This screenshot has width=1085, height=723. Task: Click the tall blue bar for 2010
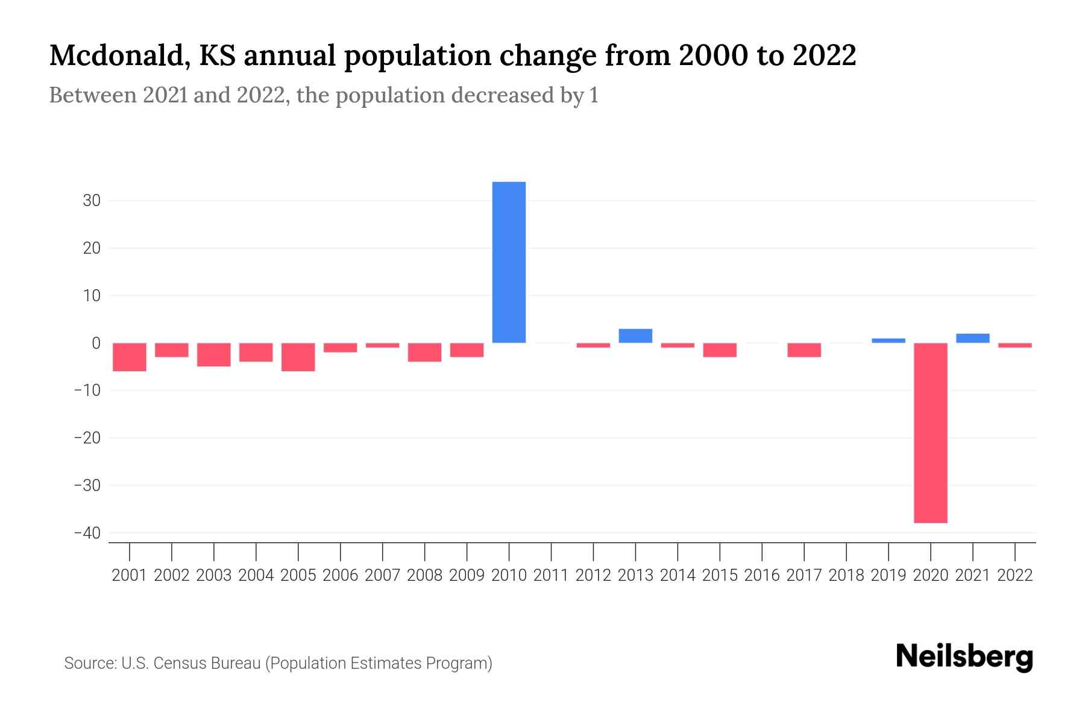coord(509,262)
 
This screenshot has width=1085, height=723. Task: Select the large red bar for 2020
coord(930,433)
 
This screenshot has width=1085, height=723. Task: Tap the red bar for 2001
coord(130,357)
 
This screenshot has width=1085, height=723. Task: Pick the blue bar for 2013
coord(635,336)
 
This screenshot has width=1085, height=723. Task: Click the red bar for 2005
coord(298,357)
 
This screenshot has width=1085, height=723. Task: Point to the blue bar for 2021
coord(972,338)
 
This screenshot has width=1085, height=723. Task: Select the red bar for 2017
coord(804,350)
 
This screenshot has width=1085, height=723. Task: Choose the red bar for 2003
coord(214,354)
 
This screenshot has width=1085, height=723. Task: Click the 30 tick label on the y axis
coord(92,201)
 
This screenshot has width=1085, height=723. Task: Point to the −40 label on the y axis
coord(87,533)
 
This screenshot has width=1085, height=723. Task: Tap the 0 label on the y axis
coord(96,343)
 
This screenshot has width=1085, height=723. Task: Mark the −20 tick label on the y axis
coord(87,438)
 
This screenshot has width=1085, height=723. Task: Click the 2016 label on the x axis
coord(762,575)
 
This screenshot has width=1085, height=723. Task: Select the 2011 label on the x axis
coord(551,575)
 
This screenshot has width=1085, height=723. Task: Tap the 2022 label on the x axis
coord(1015,575)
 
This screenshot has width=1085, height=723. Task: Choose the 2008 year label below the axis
coord(424,575)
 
